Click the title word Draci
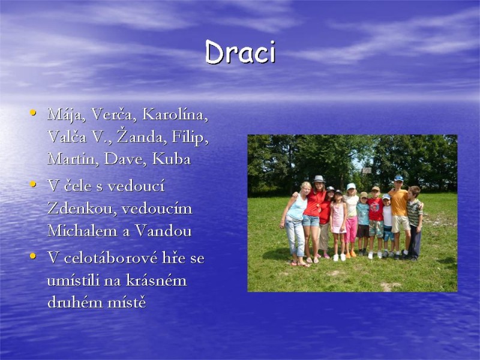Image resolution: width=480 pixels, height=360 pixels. click(x=240, y=53)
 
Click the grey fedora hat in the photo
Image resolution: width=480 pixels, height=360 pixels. click(x=319, y=179)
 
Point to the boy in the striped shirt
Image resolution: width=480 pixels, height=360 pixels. click(x=414, y=216)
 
